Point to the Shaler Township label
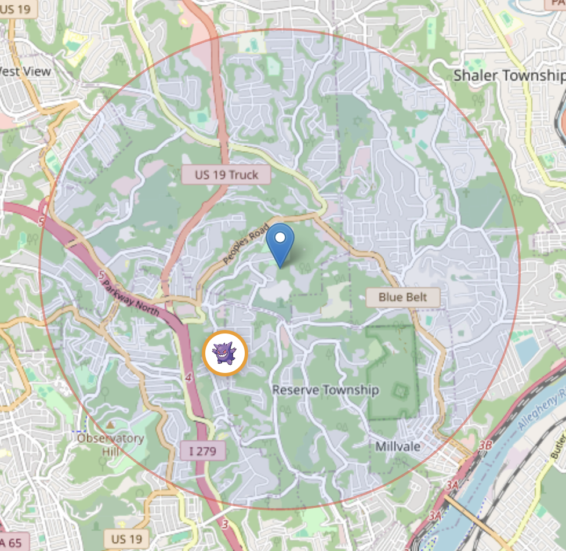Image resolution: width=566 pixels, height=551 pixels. point(509,75)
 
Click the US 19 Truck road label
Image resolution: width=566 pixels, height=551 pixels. point(226,175)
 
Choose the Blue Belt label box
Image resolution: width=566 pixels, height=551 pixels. point(402,298)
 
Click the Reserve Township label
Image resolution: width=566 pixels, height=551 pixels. point(325,390)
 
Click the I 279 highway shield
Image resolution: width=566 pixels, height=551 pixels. point(202,450)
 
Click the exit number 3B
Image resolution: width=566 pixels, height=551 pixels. point(486,445)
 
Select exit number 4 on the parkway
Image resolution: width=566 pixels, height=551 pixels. point(188,378)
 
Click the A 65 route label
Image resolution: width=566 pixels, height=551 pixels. point(12,543)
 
